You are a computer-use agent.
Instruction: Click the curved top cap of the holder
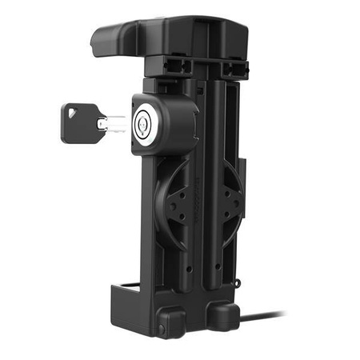168,36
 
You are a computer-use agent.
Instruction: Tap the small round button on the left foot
161,329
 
